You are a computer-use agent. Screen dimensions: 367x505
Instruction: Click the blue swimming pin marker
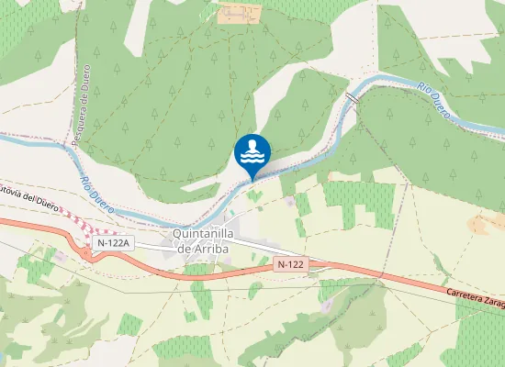252,152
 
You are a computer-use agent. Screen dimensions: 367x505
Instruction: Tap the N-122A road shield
114,242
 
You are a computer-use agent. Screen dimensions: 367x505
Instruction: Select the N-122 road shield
289,264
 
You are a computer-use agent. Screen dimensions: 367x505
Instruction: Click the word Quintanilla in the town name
205,233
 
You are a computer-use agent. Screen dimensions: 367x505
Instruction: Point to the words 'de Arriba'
205,248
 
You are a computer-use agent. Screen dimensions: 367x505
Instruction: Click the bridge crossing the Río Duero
351,96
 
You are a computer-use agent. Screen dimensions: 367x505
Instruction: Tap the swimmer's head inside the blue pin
252,143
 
